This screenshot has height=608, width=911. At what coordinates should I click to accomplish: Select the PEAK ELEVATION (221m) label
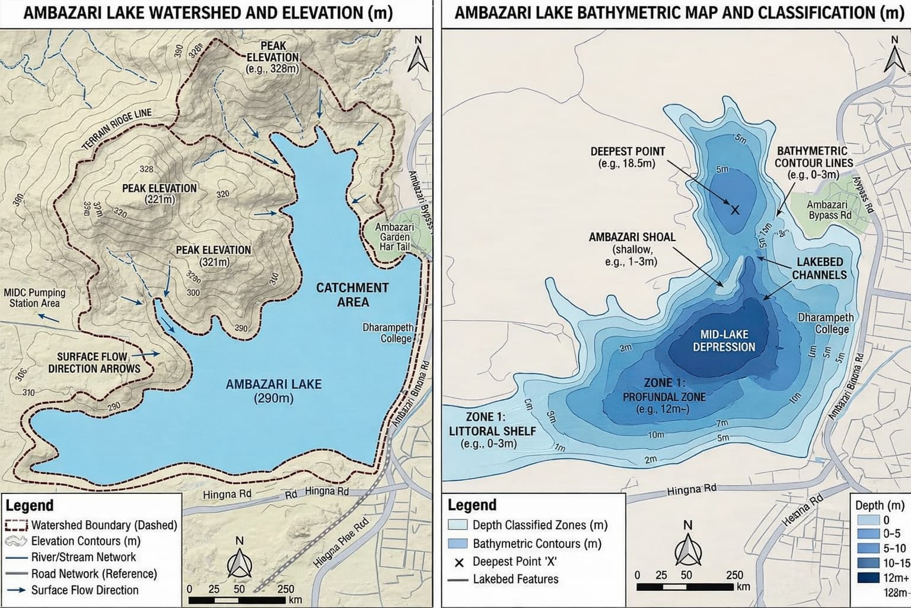(160, 194)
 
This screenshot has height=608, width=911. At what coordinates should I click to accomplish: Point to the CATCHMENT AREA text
(352, 294)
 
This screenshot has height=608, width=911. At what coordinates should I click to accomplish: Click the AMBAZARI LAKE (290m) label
(273, 391)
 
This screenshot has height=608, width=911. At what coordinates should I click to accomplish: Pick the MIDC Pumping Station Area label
(34, 297)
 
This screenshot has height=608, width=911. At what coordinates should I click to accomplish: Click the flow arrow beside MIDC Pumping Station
(49, 317)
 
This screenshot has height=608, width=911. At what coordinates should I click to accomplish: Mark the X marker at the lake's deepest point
(735, 210)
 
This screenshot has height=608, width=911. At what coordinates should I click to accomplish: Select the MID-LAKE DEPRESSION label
(724, 341)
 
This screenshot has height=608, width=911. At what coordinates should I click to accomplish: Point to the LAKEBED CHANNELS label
(819, 268)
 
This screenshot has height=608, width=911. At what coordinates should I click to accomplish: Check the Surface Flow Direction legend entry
(85, 590)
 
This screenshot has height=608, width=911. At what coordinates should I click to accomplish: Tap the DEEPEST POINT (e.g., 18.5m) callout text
(627, 157)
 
